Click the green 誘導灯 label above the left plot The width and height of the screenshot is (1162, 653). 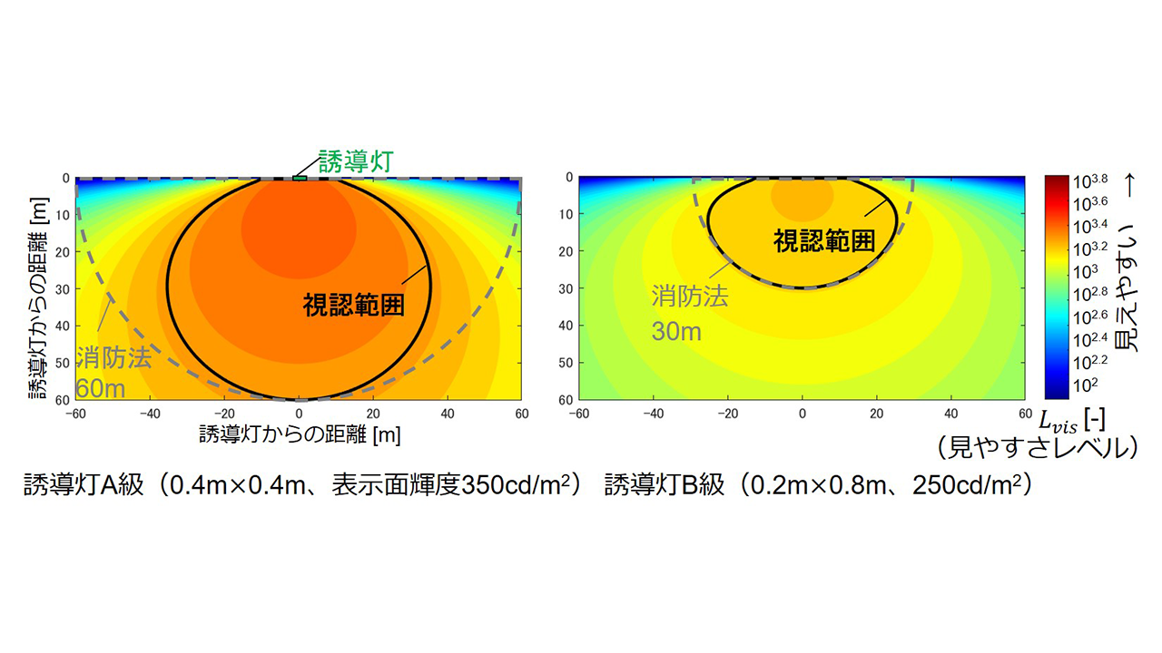[354, 162]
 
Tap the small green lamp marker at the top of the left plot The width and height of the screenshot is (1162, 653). [300, 178]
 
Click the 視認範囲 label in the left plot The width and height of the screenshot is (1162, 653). [353, 303]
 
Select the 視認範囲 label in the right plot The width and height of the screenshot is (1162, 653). [824, 240]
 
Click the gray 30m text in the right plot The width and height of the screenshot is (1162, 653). [676, 331]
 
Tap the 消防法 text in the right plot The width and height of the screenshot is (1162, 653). [690, 297]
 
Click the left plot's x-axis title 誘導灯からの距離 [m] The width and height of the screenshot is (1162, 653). [300, 434]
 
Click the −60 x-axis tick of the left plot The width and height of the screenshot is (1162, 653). [75, 414]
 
